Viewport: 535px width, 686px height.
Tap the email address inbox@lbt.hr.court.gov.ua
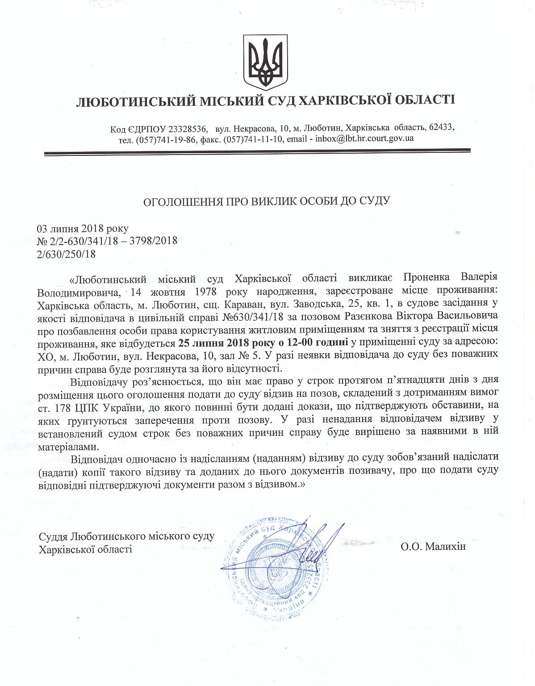[x=364, y=138]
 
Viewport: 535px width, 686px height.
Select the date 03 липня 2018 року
[x=83, y=229]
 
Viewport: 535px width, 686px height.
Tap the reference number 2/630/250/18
[x=66, y=254]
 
